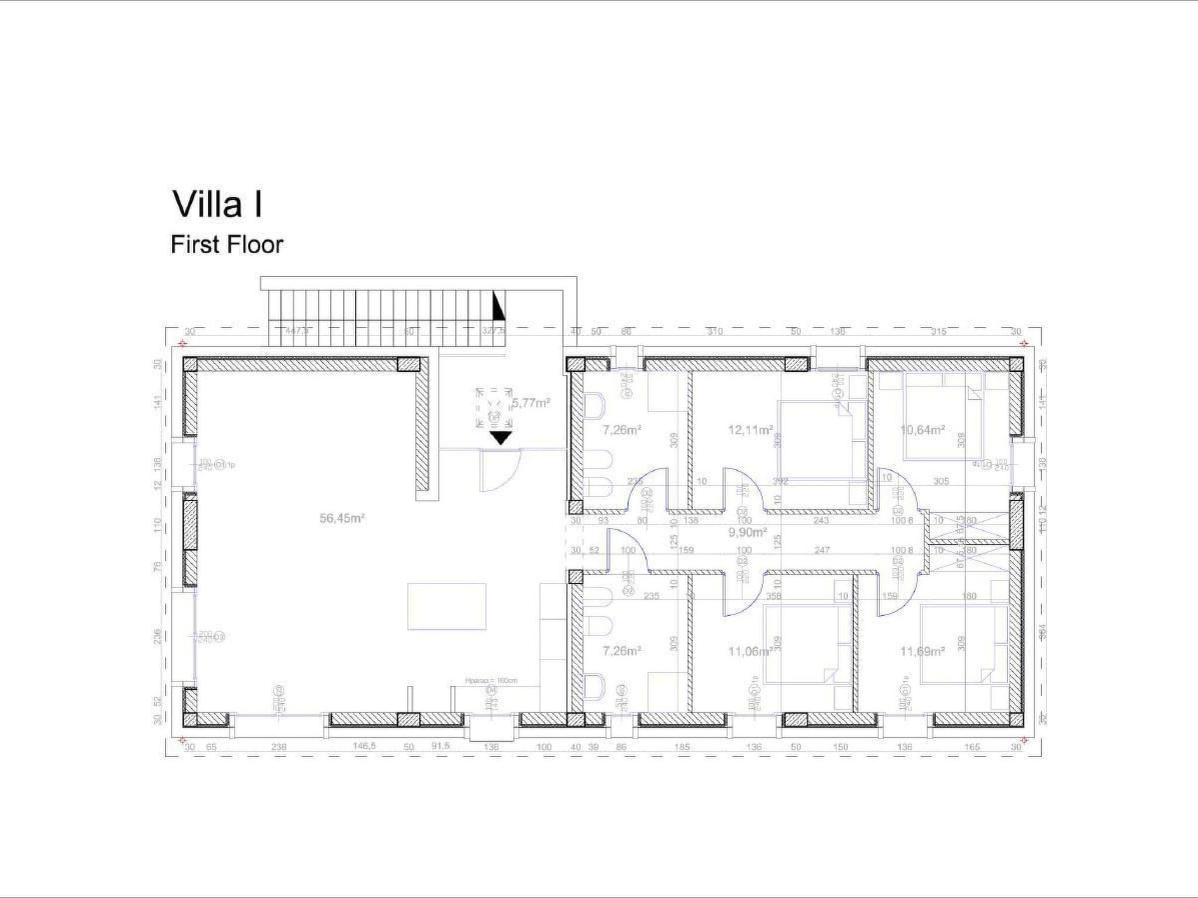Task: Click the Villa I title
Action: point(218,205)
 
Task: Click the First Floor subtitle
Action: point(226,244)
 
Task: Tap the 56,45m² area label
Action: point(342,518)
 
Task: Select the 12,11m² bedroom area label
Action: point(750,430)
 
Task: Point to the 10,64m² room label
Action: point(922,430)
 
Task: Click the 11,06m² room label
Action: point(752,651)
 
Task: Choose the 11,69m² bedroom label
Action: point(922,651)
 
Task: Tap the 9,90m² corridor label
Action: point(747,533)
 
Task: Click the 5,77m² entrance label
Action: point(531,403)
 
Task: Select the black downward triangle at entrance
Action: point(501,438)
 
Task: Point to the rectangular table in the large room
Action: point(446,606)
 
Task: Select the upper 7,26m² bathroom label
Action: point(622,430)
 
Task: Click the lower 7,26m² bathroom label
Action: point(622,651)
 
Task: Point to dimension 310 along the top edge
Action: point(715,331)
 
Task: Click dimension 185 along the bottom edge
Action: point(681,747)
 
